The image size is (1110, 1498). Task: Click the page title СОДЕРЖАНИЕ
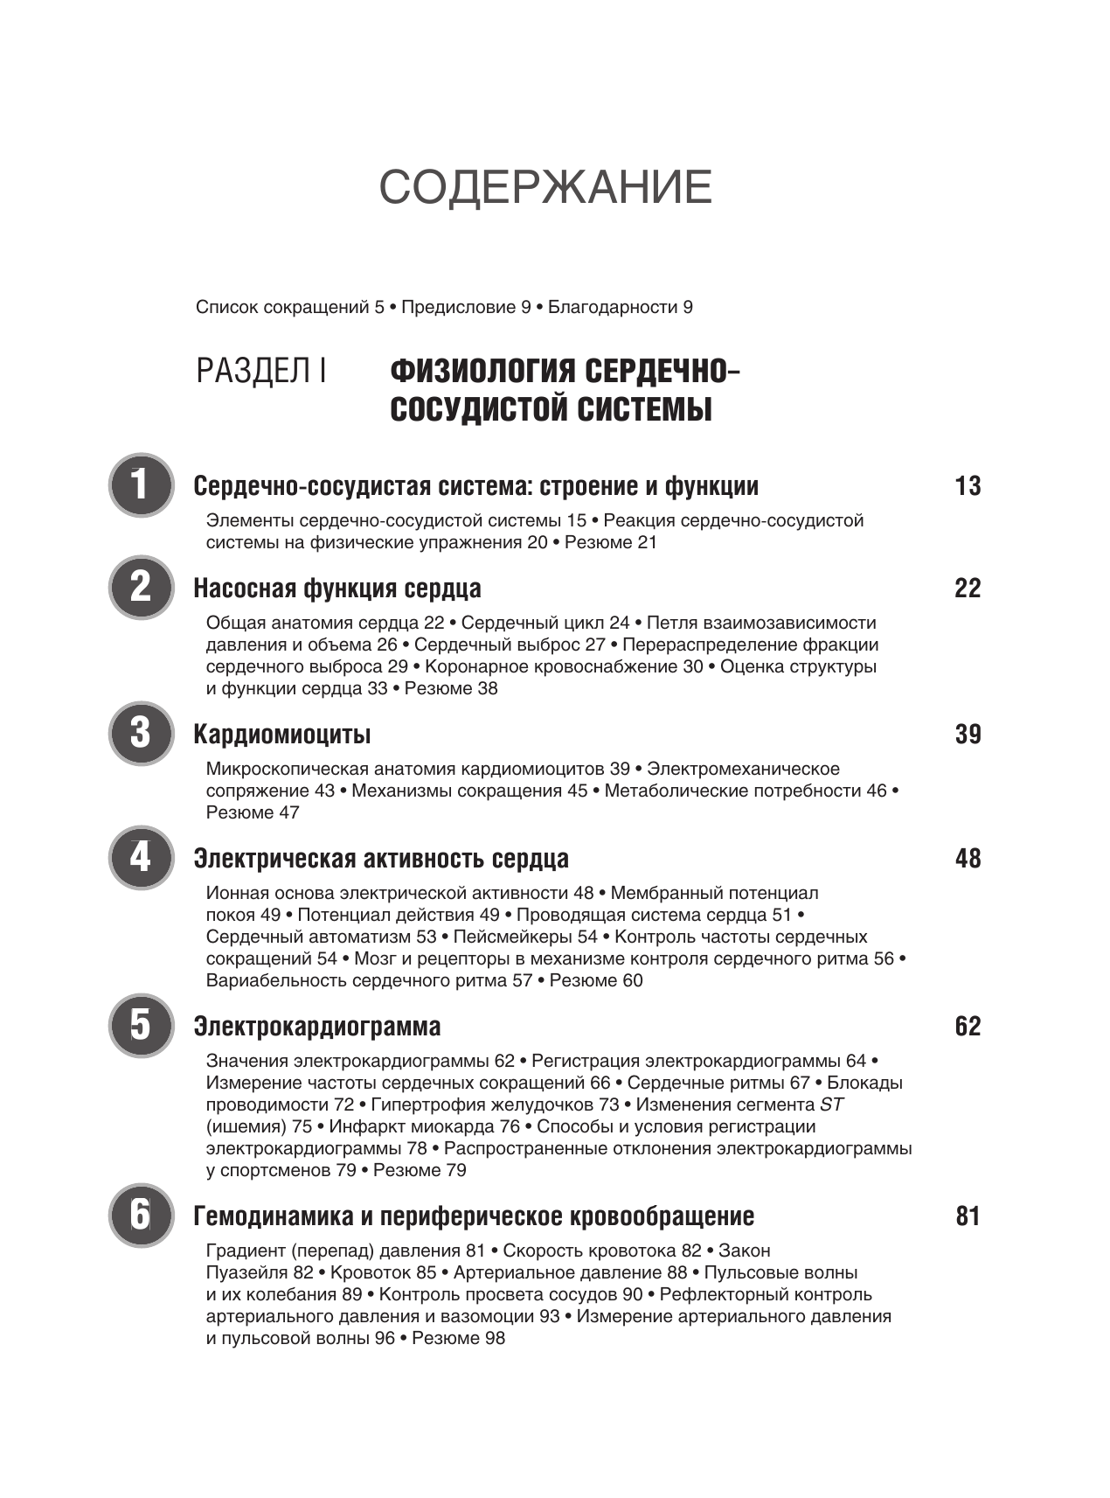(x=545, y=187)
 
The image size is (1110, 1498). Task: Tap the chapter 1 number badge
(x=141, y=484)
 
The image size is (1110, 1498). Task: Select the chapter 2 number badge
(x=141, y=587)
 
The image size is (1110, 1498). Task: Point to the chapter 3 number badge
(x=141, y=733)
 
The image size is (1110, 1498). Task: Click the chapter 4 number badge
(x=141, y=857)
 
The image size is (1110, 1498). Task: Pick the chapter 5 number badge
(x=141, y=1025)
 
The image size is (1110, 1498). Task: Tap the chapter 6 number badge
(x=141, y=1216)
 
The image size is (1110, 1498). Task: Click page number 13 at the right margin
(x=968, y=486)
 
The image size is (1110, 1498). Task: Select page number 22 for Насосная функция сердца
(x=968, y=589)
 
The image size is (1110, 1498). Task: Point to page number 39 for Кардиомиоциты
(x=968, y=735)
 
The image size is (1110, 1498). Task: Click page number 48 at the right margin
(x=968, y=859)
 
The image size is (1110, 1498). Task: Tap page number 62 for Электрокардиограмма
(x=968, y=1027)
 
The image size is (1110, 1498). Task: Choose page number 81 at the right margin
(x=968, y=1217)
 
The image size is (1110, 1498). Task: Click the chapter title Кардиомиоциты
(x=282, y=735)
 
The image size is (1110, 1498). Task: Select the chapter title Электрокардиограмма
(x=317, y=1027)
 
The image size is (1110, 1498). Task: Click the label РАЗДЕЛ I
(x=261, y=372)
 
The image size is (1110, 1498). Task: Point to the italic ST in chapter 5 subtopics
(x=831, y=1104)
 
